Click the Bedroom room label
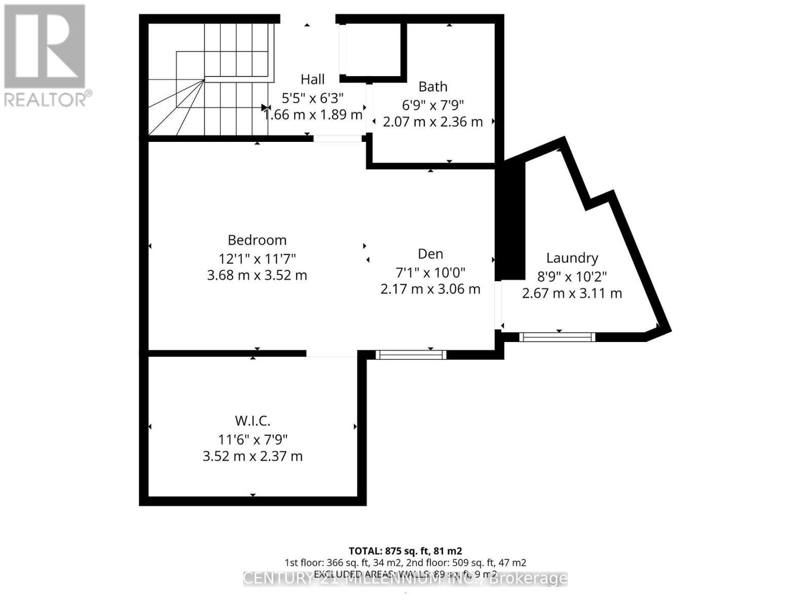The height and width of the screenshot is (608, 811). click(x=257, y=240)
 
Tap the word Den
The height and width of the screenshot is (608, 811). click(x=430, y=254)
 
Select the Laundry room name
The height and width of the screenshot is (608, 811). click(x=572, y=258)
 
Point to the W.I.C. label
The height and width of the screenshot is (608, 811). click(x=252, y=421)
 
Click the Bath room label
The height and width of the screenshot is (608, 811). click(x=433, y=87)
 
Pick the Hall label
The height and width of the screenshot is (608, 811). click(x=313, y=79)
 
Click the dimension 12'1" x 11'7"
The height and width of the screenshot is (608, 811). click(x=257, y=258)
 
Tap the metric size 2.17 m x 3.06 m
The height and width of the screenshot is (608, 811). click(x=430, y=289)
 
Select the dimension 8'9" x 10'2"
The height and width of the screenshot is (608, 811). click(x=572, y=277)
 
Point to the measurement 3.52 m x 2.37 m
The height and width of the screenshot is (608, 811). click(x=252, y=456)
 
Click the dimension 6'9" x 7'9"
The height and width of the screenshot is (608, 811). click(x=433, y=105)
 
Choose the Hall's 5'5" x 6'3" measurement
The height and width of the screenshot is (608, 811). click(x=313, y=97)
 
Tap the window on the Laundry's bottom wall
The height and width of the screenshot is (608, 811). click(x=557, y=337)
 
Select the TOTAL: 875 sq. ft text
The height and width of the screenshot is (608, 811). click(x=405, y=551)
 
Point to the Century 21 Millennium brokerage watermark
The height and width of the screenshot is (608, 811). click(x=405, y=579)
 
